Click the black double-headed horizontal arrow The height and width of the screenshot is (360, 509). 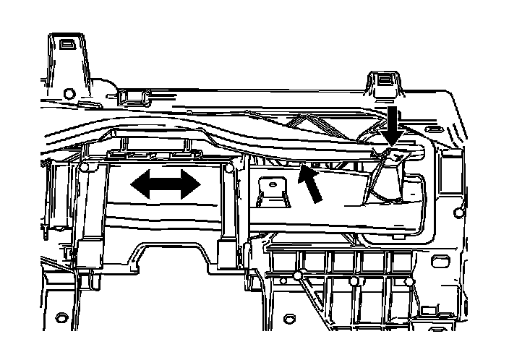coord(166,185)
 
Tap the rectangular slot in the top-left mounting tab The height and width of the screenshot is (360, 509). coord(66,44)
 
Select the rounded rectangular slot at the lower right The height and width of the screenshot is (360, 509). coord(437,259)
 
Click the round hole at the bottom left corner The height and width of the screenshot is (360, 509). coord(61,316)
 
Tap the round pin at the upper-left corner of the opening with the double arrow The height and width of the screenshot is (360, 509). coord(85,168)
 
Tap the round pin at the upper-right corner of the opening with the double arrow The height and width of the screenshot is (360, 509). coord(228,168)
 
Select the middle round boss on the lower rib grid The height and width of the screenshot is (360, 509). coord(354,280)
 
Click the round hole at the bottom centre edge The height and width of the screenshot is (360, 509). coord(290,317)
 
